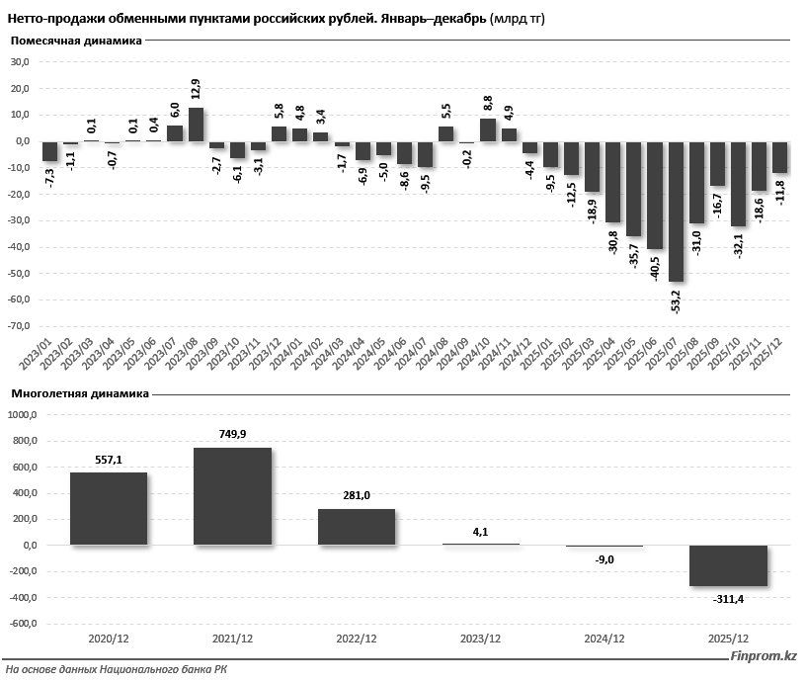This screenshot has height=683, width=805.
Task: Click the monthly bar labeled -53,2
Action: pyautogui.click(x=676, y=212)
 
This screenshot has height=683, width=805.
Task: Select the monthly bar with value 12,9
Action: pyautogui.click(x=196, y=125)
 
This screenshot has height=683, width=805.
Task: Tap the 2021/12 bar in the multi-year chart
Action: pyautogui.click(x=232, y=496)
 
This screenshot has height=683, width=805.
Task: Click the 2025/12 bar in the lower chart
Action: pyautogui.click(x=729, y=565)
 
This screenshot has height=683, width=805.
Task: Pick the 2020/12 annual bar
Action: pyautogui.click(x=109, y=508)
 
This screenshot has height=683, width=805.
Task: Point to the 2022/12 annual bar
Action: pyautogui.click(x=356, y=527)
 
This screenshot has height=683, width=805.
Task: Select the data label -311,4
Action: pyautogui.click(x=729, y=599)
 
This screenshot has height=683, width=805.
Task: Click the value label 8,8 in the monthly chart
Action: pyautogui.click(x=487, y=101)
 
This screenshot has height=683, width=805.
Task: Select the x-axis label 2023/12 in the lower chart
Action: pyautogui.click(x=480, y=640)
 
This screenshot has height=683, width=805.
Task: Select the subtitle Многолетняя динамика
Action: pyautogui.click(x=80, y=393)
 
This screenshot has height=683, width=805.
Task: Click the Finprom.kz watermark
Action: pyautogui.click(x=763, y=656)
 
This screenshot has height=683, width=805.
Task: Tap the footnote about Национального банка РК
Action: pyautogui.click(x=117, y=670)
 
